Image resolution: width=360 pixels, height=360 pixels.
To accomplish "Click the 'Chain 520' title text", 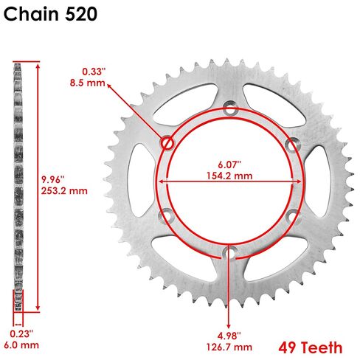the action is [50, 14].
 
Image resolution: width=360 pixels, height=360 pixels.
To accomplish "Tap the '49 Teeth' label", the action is [311, 347].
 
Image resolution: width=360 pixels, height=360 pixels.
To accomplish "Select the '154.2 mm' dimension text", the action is [229, 176].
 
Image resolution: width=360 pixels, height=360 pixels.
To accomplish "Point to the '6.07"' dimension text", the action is [229, 165].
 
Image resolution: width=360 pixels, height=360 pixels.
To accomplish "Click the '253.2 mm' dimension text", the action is [64, 191].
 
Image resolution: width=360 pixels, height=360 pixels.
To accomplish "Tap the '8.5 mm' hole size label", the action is [88, 83].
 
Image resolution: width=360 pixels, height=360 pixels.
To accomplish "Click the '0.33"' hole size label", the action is [94, 72].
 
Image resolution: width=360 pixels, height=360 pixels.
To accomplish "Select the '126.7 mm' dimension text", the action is [229, 347].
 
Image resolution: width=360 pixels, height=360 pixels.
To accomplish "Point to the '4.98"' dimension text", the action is [229, 336].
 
